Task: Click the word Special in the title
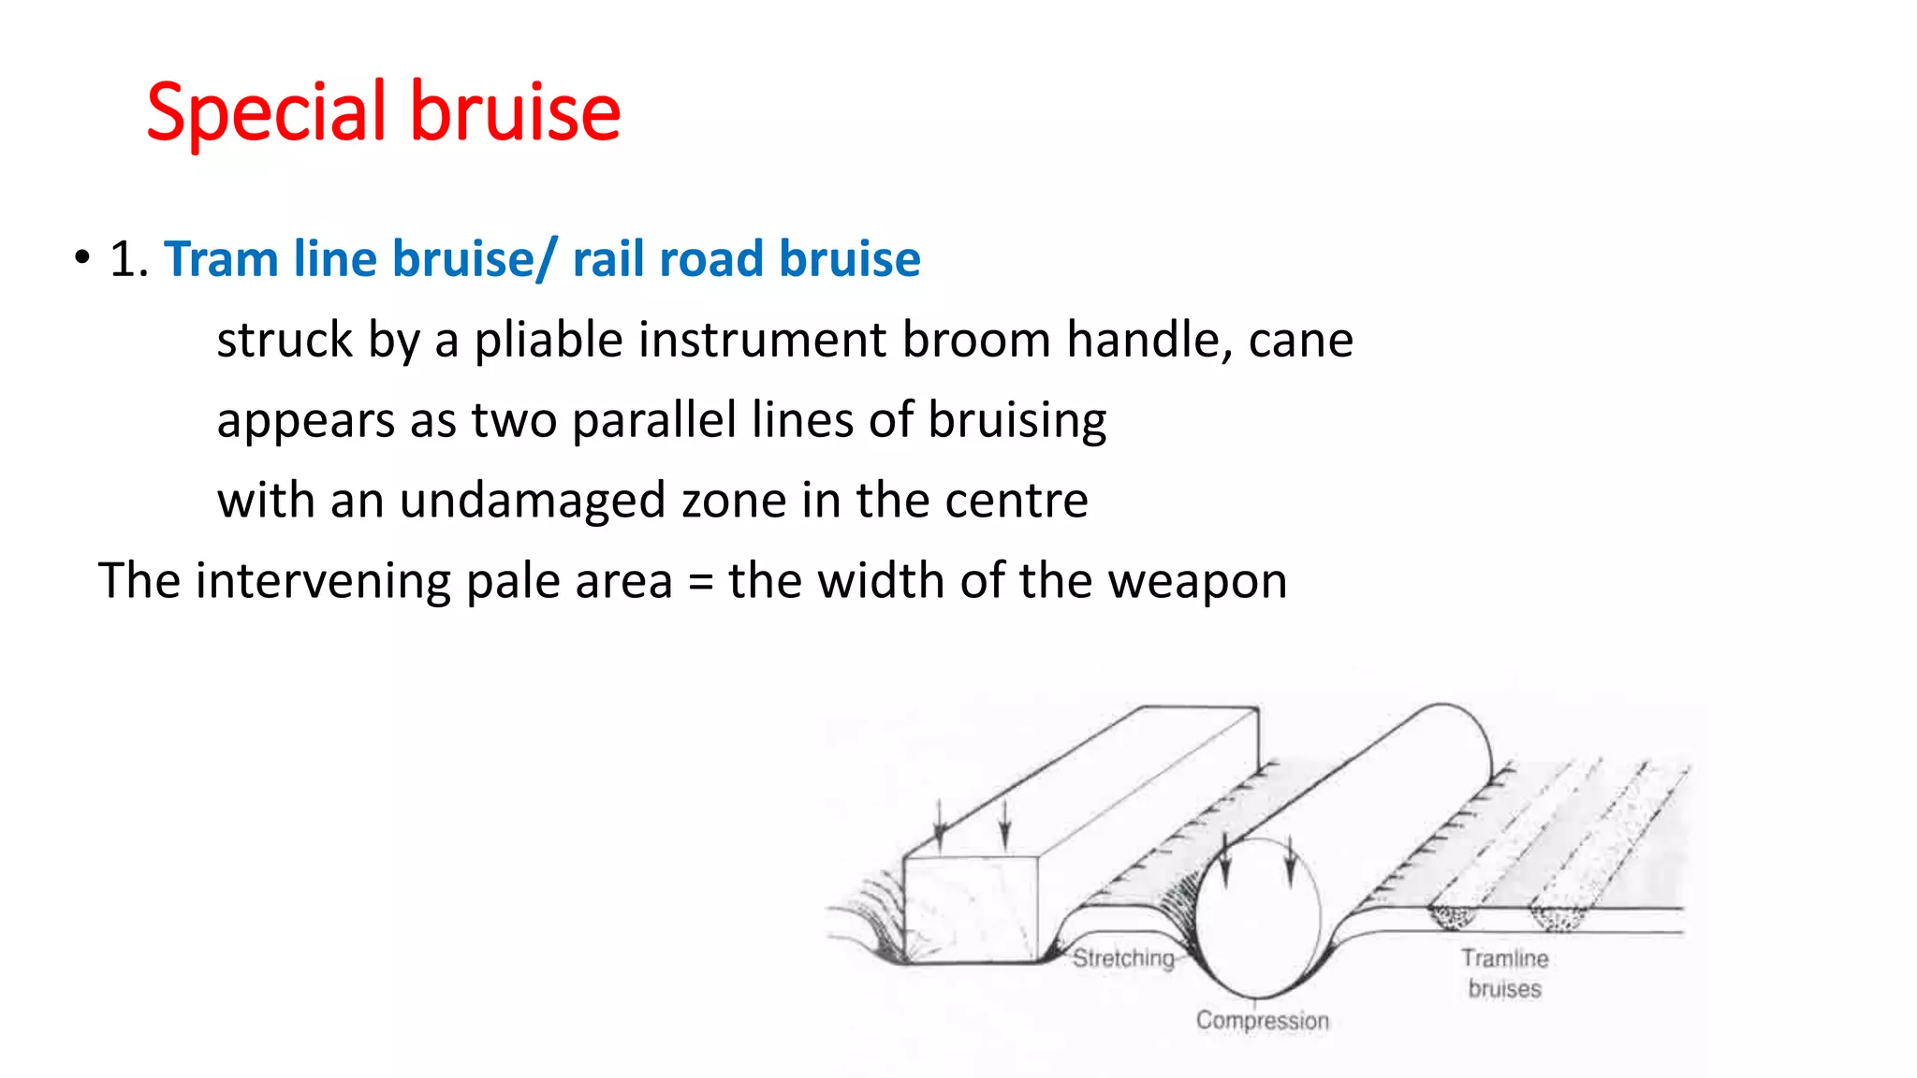(267, 112)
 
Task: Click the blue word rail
(607, 259)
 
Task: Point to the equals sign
(700, 582)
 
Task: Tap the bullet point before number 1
(82, 257)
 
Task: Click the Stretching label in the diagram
(1123, 958)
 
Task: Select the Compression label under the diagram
(1262, 1020)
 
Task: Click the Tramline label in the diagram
(1504, 958)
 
